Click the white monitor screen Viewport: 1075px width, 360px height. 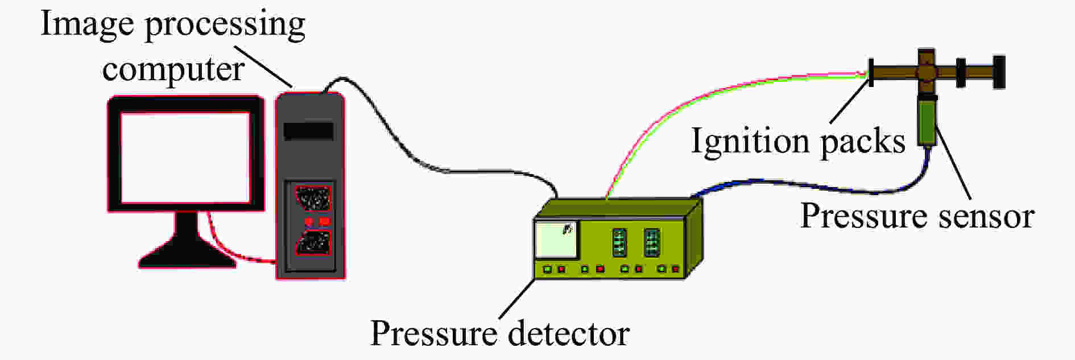coord(185,158)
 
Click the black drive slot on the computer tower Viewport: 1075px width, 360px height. coord(308,131)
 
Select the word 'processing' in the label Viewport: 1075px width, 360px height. coord(225,26)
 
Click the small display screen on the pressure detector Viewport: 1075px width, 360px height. coord(556,240)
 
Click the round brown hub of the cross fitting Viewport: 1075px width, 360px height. coord(927,73)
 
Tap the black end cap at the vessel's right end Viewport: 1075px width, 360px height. coord(999,72)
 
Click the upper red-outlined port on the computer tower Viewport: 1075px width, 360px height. coord(311,198)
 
